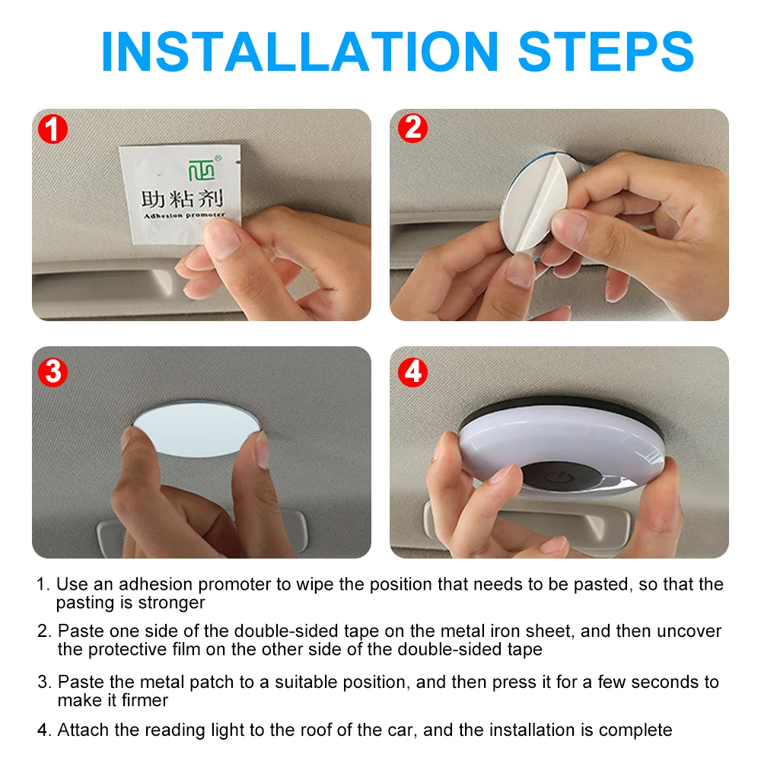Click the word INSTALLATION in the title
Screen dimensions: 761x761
click(300, 52)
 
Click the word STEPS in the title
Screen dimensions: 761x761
click(607, 52)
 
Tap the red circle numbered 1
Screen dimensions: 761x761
click(53, 129)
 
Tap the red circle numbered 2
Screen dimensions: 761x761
click(412, 128)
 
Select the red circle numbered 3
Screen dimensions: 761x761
click(53, 372)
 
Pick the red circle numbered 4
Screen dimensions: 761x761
click(412, 372)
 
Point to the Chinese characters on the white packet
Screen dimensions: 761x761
click(182, 199)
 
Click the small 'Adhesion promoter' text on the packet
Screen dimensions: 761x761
click(184, 215)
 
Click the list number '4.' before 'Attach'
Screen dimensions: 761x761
click(44, 730)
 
